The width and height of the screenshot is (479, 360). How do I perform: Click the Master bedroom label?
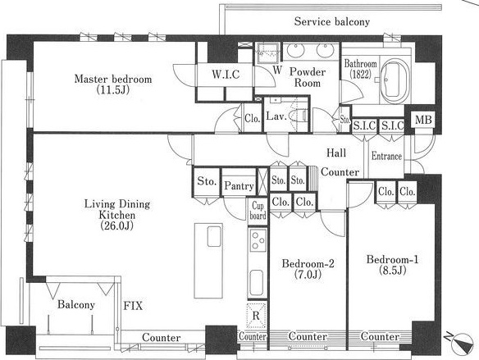coord(113,79)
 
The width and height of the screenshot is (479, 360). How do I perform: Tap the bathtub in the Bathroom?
coord(395,81)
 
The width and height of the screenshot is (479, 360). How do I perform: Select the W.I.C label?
coord(226,74)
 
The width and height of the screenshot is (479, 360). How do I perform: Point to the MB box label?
coord(423,120)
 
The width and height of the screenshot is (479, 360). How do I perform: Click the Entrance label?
coord(386,156)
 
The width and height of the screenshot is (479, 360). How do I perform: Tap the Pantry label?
coord(239,185)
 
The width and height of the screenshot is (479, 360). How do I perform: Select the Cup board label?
coord(258,211)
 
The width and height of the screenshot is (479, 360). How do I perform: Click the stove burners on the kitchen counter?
coord(258,240)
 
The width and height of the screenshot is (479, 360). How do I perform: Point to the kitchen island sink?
coord(214,236)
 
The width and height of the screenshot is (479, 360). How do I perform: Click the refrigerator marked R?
coord(256,315)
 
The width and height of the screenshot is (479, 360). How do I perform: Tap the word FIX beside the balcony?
coord(133,306)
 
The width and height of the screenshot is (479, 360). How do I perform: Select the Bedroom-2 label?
coord(308,263)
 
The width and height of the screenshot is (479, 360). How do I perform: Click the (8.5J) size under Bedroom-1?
coord(393,271)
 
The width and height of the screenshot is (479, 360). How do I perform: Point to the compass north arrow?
coord(462,343)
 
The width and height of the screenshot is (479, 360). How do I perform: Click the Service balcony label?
coord(332,21)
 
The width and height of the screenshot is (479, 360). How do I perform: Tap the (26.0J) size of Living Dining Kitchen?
coord(116,226)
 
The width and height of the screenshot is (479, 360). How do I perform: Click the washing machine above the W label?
coord(268,52)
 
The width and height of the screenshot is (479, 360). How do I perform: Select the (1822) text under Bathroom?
coord(361,74)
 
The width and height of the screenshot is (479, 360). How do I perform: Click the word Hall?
coord(336,153)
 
